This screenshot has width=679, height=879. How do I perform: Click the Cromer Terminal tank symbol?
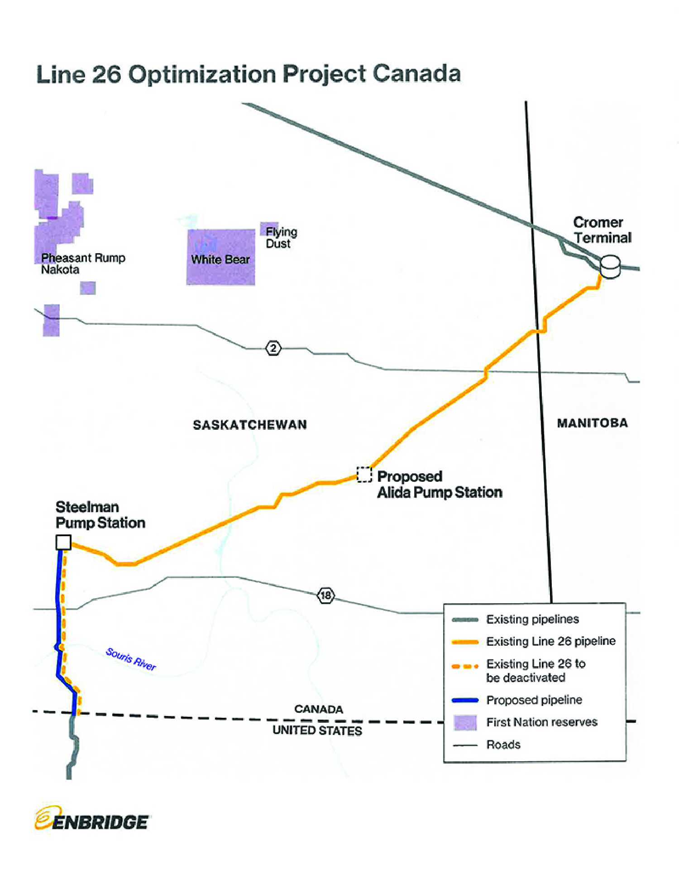[610, 266]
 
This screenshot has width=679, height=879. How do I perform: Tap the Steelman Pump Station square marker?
[63, 542]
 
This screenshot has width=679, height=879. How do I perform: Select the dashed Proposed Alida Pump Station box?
[364, 475]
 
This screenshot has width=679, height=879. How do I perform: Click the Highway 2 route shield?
[273, 348]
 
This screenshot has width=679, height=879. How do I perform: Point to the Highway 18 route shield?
[326, 595]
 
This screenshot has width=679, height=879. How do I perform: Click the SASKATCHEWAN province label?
[250, 425]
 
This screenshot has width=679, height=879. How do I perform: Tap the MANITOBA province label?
[592, 423]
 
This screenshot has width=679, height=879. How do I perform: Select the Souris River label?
[131, 659]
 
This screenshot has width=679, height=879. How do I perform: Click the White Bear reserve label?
[220, 259]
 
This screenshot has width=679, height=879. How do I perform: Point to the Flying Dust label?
[281, 238]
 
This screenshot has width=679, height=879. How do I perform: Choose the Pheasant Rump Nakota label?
[83, 264]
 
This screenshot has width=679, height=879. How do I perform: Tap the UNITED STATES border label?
[317, 730]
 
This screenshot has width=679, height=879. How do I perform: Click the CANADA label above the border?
[319, 709]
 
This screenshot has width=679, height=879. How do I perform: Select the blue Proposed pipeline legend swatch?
[465, 700]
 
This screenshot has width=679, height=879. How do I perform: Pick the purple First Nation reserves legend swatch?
[465, 722]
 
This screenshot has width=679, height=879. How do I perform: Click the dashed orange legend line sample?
[465, 666]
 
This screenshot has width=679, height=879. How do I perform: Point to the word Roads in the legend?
[503, 745]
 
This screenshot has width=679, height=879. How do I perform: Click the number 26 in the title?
[107, 74]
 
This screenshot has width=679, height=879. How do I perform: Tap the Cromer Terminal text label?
[602, 230]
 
